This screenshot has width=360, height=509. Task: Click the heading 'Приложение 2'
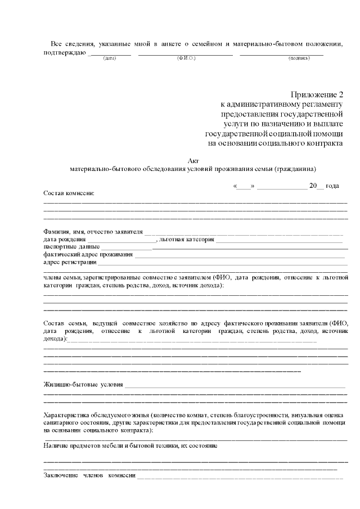[316, 94]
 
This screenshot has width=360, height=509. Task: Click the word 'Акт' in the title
[193, 160]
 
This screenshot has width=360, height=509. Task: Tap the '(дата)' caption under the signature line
[110, 58]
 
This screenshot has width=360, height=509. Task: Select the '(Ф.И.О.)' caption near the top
[186, 58]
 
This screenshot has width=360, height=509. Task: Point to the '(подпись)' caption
[299, 58]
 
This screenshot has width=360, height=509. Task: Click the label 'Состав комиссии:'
[69, 193]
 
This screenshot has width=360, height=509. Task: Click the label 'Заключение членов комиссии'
[89, 475]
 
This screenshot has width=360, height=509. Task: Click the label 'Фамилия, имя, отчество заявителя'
[93, 231]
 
